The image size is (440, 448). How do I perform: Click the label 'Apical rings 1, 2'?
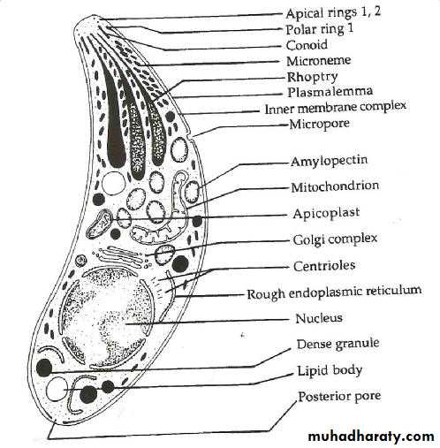click(x=333, y=12)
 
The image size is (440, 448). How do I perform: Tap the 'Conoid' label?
click(x=307, y=45)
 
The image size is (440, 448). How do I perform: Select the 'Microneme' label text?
click(x=319, y=61)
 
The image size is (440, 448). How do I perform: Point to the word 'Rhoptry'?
click(x=312, y=77)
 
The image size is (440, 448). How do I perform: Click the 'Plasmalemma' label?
click(x=330, y=92)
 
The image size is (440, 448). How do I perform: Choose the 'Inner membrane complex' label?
click(x=336, y=107)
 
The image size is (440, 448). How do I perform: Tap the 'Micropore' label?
click(x=320, y=124)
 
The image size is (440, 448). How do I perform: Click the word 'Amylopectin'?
click(x=330, y=161)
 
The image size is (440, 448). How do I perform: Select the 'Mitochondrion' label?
click(x=335, y=186)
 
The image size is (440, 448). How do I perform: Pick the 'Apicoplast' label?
click(x=326, y=213)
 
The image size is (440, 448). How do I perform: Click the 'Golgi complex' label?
click(x=335, y=239)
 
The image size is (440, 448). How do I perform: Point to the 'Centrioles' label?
click(x=324, y=266)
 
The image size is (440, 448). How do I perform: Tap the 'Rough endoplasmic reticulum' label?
click(x=334, y=292)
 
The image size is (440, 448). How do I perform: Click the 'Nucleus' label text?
click(x=319, y=318)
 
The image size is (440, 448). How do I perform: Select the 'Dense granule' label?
click(x=338, y=344)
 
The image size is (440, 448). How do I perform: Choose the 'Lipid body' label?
click(x=330, y=370)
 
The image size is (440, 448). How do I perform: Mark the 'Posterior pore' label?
click(x=339, y=397)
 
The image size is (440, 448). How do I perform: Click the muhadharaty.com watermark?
click(x=371, y=437)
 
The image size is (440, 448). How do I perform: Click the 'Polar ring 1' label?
click(x=320, y=29)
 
